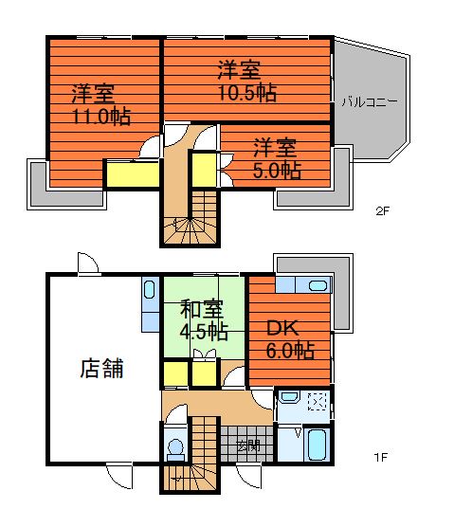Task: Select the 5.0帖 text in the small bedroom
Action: click(x=278, y=171)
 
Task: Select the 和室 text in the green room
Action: click(x=203, y=310)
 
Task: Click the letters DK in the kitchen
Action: click(x=281, y=329)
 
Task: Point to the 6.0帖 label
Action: click(x=290, y=351)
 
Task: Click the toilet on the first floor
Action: click(x=173, y=445)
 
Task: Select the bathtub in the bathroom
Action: click(x=318, y=444)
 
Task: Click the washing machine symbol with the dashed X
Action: click(x=318, y=404)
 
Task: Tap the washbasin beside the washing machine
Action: click(x=290, y=402)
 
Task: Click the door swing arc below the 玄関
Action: click(x=249, y=471)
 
